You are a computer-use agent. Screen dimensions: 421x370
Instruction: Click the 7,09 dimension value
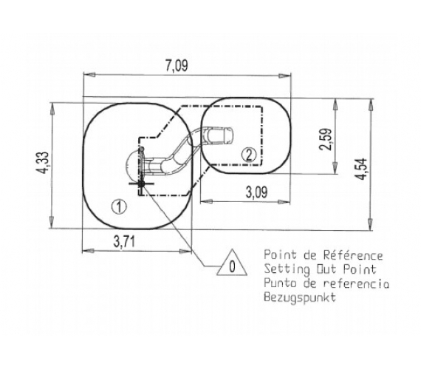tap(177, 66)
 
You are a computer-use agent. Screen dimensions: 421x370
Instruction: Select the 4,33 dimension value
tap(43, 164)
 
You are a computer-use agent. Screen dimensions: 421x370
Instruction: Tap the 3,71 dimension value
tap(124, 241)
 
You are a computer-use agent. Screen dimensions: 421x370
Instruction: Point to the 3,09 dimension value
tap(257, 192)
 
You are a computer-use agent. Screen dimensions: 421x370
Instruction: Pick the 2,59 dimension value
tap(326, 139)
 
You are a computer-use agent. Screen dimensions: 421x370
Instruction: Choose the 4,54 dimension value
tap(361, 169)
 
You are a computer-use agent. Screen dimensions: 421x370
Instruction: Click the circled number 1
tap(119, 207)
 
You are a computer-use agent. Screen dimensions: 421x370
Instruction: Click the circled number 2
tap(249, 155)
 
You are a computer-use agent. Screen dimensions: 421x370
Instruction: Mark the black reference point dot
tap(141, 184)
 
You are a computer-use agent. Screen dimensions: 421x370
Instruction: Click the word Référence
tap(353, 255)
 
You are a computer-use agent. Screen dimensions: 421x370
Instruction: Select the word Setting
tap(287, 269)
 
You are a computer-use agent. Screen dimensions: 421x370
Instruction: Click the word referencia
tap(356, 283)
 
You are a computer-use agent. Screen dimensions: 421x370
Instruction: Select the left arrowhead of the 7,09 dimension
tap(89, 75)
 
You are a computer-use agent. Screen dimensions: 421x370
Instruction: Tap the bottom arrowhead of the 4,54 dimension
tap(370, 224)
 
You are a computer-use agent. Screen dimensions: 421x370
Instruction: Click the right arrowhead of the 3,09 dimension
tap(284, 201)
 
